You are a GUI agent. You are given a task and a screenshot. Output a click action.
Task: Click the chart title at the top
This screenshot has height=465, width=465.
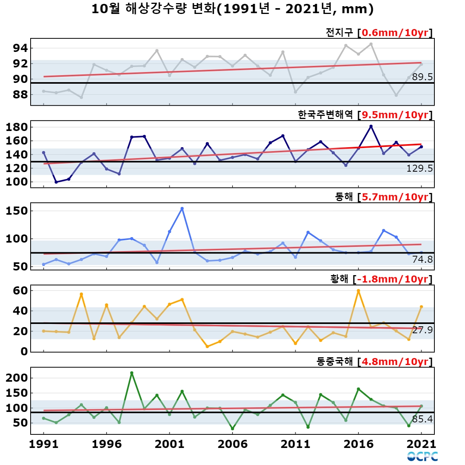pyautogui.click(x=232, y=9)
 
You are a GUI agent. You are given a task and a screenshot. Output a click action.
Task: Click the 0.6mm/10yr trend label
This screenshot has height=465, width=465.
pyautogui.click(x=395, y=33)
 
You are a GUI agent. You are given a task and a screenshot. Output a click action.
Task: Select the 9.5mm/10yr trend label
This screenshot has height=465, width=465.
pyautogui.click(x=395, y=115)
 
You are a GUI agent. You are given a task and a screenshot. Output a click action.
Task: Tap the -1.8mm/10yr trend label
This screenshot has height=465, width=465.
pyautogui.click(x=393, y=279)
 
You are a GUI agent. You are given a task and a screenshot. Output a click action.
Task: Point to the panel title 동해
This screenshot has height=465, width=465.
pyautogui.click(x=344, y=197)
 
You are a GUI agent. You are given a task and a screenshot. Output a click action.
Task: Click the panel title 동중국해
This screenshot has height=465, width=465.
pyautogui.click(x=335, y=362)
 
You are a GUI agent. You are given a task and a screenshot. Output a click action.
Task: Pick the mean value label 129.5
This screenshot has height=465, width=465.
pyautogui.click(x=420, y=169)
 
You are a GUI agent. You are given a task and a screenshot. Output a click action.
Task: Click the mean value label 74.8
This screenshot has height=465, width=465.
pyautogui.click(x=422, y=259)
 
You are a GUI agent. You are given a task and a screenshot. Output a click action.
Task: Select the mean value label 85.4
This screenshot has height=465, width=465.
pyautogui.click(x=422, y=419)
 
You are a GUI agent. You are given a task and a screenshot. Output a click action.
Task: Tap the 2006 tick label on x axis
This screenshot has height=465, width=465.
pyautogui.click(x=232, y=444)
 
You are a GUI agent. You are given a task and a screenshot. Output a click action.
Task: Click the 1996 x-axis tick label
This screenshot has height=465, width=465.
pyautogui.click(x=107, y=444)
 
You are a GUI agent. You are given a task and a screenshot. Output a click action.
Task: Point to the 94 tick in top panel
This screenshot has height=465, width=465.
pyautogui.click(x=20, y=48)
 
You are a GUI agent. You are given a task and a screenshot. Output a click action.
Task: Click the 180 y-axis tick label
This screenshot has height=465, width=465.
pyautogui.click(x=17, y=127)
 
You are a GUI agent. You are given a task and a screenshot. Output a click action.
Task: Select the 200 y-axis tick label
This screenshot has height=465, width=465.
pyautogui.click(x=17, y=378)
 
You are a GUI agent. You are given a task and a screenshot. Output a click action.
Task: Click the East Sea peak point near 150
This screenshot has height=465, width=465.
pyautogui.click(x=182, y=208)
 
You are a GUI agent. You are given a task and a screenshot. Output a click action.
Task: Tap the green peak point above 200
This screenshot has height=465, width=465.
pyautogui.click(x=131, y=373)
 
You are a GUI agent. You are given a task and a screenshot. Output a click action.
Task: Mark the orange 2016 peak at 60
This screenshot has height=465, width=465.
pyautogui.click(x=358, y=291)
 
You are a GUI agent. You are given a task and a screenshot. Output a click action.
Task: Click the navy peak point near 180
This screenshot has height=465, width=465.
pyautogui.click(x=371, y=126)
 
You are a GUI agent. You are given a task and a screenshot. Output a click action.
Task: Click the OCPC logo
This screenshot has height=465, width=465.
pyautogui.click(x=422, y=456)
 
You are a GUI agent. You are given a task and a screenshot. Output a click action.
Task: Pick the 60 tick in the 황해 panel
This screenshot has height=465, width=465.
pyautogui.click(x=20, y=291)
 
